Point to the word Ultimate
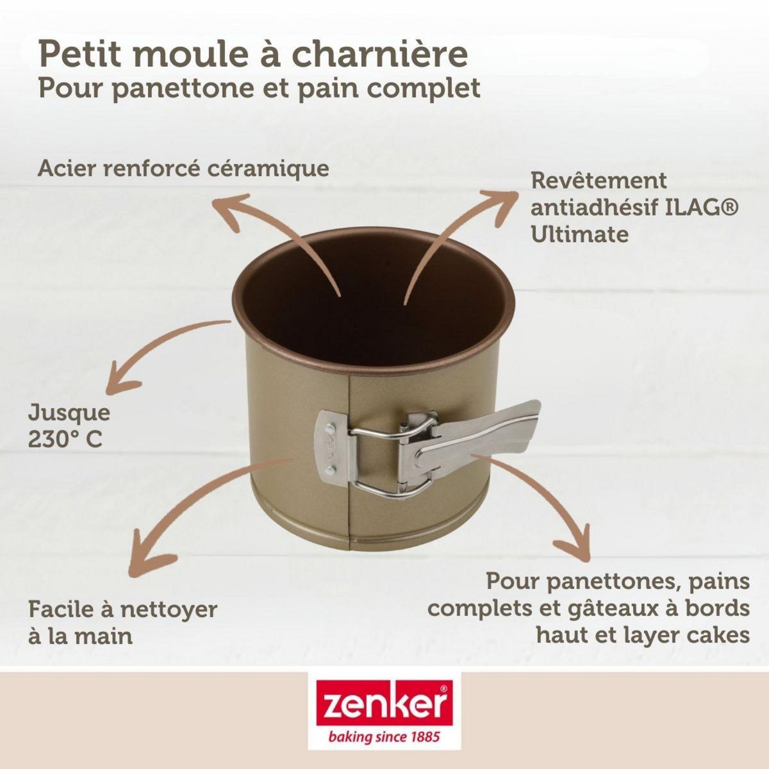click(x=579, y=234)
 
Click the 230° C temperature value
click(x=65, y=440)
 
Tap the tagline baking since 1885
click(x=384, y=738)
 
